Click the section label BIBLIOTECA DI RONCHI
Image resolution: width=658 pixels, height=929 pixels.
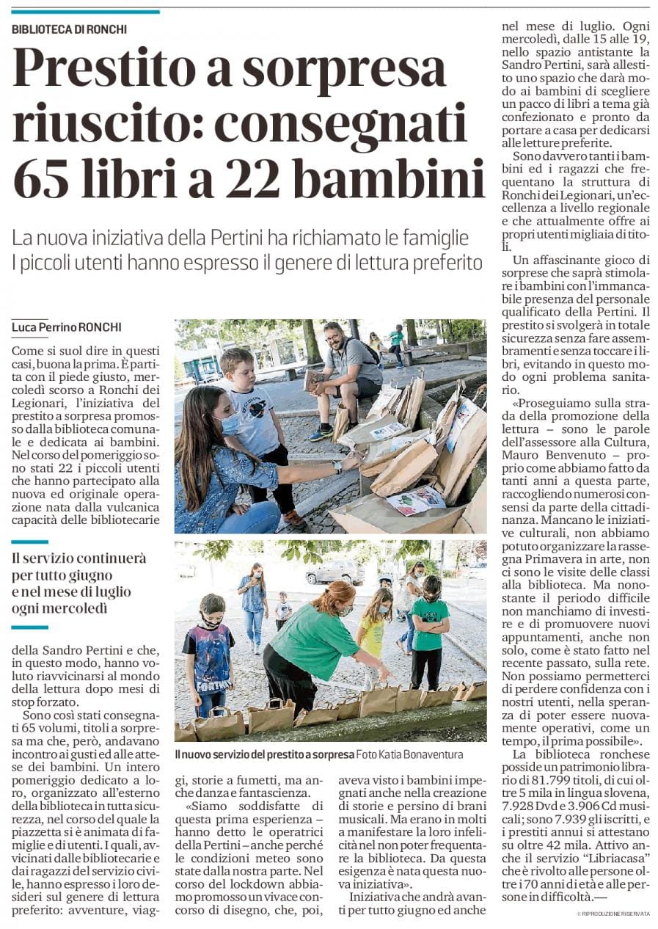[70, 29]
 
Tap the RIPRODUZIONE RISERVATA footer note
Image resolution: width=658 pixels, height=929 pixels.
[613, 913]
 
